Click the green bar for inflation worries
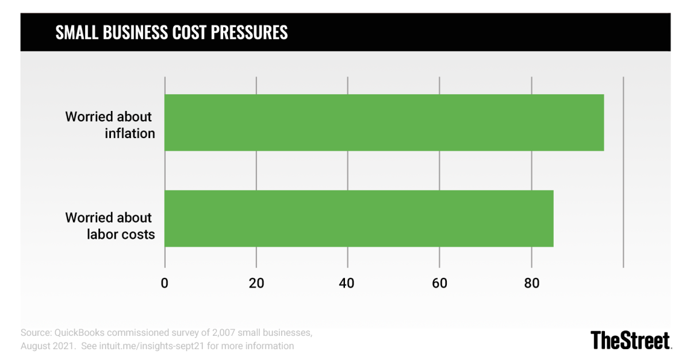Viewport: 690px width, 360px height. click(384, 122)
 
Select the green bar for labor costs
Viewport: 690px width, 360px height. click(359, 219)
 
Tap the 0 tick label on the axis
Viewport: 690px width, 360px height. click(165, 283)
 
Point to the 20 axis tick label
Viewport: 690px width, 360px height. click(256, 283)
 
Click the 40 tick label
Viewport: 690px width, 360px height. click(348, 283)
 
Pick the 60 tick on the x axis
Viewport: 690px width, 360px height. click(439, 283)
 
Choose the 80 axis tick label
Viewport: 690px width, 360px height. click(531, 283)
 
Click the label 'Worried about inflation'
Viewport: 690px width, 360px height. click(109, 125)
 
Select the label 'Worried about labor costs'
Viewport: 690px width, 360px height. click(109, 226)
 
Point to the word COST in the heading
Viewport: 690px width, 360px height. click(189, 33)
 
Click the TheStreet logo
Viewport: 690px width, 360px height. click(631, 340)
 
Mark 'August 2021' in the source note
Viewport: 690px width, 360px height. click(47, 346)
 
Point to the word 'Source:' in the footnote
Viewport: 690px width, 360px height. click(35, 333)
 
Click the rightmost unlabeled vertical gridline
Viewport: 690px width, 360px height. click(623, 173)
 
